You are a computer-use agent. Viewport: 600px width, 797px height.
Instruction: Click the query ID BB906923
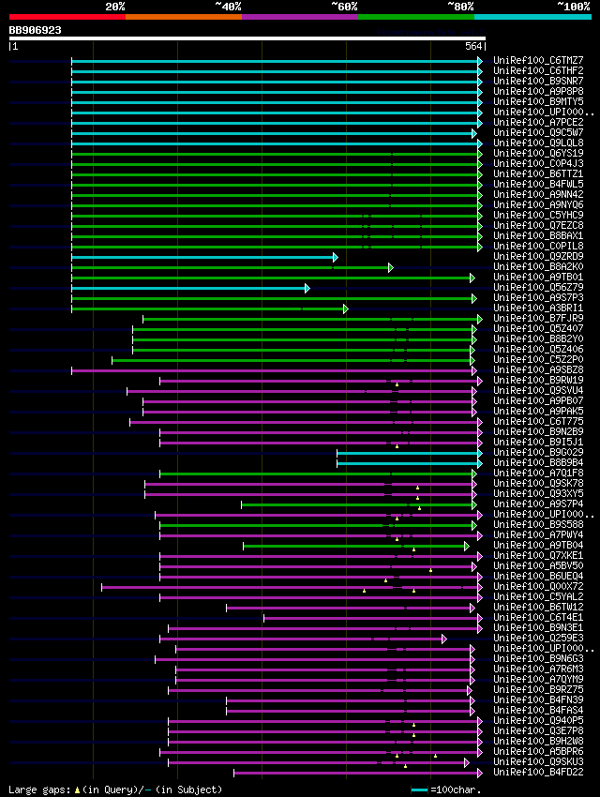36,30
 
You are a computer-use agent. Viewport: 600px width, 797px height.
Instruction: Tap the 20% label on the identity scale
115,7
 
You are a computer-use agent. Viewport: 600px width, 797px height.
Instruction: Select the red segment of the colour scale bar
67,16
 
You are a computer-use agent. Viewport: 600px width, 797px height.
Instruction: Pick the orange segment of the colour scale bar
183,16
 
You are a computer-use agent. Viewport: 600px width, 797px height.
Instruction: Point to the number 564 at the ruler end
473,46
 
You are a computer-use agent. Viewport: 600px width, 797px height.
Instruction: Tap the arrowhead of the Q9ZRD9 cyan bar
335,257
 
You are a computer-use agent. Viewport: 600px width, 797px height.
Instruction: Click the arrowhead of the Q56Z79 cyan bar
307,288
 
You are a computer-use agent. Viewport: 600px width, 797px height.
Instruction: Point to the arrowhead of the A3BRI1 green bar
345,308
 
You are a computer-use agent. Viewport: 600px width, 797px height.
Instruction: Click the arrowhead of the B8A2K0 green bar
390,267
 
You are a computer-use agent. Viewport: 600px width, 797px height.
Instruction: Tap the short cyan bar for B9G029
408,453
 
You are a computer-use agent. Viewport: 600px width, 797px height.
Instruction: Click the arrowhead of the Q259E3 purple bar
443,639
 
